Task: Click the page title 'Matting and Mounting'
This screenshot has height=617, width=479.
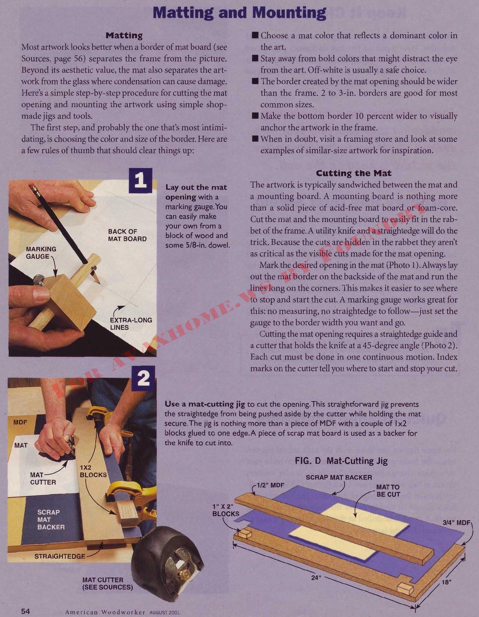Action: click(x=239, y=13)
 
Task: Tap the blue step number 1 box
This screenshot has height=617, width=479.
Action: click(x=141, y=180)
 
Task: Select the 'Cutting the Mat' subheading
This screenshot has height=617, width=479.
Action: click(x=354, y=173)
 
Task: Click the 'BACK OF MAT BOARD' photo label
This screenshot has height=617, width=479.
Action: click(x=127, y=235)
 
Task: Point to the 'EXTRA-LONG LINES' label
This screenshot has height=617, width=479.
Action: click(x=131, y=324)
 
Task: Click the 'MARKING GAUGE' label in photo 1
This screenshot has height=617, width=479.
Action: click(x=41, y=252)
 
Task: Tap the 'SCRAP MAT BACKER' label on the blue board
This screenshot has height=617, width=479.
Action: click(x=51, y=520)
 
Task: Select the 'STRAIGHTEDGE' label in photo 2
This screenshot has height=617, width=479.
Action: click(x=60, y=556)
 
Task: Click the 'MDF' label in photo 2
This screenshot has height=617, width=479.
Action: click(x=20, y=422)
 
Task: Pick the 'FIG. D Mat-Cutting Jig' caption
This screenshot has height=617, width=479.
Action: click(x=341, y=461)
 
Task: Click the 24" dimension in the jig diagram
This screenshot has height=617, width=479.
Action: click(x=316, y=577)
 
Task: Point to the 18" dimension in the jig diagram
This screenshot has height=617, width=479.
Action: click(x=446, y=582)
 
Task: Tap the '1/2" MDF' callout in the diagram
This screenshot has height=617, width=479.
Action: click(x=270, y=485)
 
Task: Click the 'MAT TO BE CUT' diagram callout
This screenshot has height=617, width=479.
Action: click(x=388, y=490)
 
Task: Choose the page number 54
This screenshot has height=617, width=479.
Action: click(x=26, y=611)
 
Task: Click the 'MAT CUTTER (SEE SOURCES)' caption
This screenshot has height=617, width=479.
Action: click(x=107, y=583)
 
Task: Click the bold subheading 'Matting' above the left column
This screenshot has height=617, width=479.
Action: click(x=124, y=35)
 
